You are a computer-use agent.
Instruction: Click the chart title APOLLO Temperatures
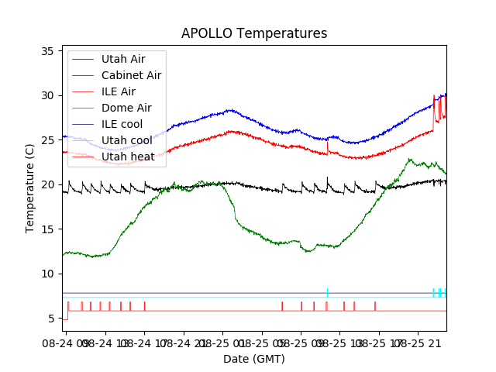tap(254, 33)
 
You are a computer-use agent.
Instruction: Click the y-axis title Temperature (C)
tap(30, 188)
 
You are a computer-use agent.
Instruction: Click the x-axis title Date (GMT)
tap(254, 359)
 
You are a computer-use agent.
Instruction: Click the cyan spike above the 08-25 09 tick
tap(328, 292)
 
